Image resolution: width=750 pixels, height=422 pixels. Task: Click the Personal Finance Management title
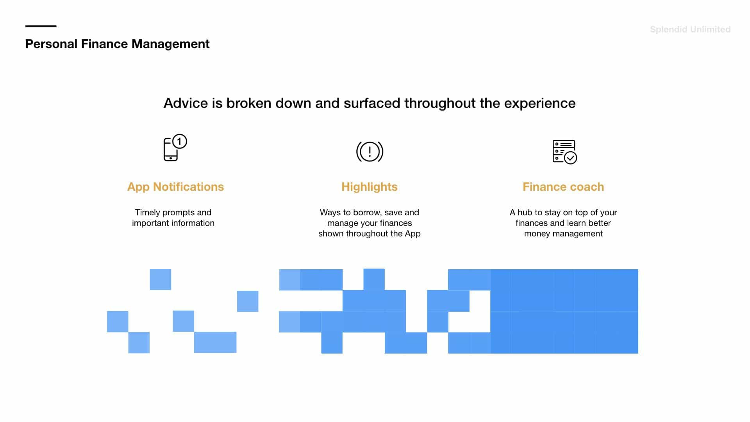click(x=117, y=44)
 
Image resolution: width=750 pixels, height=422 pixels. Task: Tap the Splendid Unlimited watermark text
click(x=690, y=29)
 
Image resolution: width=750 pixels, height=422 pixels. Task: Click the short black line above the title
click(x=41, y=26)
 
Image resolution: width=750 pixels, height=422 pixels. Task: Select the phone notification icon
click(x=175, y=148)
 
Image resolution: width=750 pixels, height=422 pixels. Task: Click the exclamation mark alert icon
click(x=370, y=152)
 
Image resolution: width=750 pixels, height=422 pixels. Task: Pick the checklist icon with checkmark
click(x=565, y=152)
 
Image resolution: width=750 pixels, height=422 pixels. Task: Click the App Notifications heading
click(x=175, y=187)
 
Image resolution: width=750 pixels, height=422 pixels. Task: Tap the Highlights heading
click(x=370, y=187)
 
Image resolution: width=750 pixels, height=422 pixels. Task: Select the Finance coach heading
click(x=563, y=187)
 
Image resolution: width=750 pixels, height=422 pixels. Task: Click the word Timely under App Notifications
click(x=147, y=213)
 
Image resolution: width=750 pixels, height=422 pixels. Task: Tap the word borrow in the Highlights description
click(x=366, y=213)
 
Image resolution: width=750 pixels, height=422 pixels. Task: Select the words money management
click(x=563, y=234)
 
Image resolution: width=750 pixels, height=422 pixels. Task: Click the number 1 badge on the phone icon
click(x=180, y=141)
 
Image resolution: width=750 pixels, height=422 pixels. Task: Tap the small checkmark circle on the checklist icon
click(x=571, y=158)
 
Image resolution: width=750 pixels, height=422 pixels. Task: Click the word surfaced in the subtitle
click(x=372, y=103)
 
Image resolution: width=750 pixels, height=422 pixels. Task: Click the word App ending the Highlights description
click(x=412, y=234)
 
